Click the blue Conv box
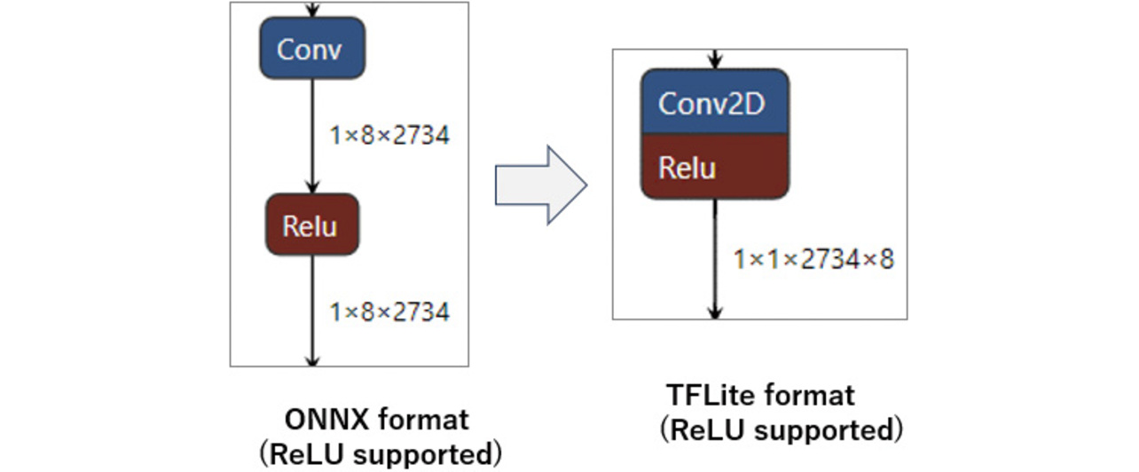pyautogui.click(x=311, y=48)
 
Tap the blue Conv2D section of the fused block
pyautogui.click(x=714, y=102)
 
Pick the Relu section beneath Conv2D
pyautogui.click(x=714, y=167)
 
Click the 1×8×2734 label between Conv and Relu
pyautogui.click(x=389, y=136)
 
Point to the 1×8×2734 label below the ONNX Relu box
pyautogui.click(x=389, y=311)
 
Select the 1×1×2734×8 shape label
pyautogui.click(x=813, y=259)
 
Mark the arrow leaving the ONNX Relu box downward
pyautogui.click(x=311, y=311)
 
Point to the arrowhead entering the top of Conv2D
pyautogui.click(x=715, y=61)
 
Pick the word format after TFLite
pyautogui.click(x=808, y=395)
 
